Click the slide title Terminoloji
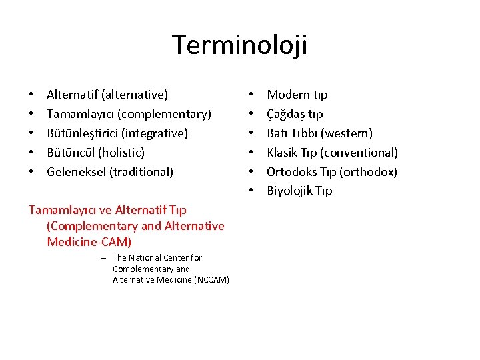click(x=240, y=45)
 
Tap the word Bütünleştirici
click(x=83, y=133)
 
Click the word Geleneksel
click(x=76, y=172)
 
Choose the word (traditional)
click(x=141, y=172)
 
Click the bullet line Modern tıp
click(x=297, y=95)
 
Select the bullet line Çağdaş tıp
click(x=295, y=114)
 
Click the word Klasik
click(x=282, y=153)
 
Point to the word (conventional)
click(x=359, y=153)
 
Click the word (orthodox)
click(x=368, y=172)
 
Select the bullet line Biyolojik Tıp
click(x=299, y=191)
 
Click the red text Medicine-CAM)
click(x=89, y=241)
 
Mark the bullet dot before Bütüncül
click(x=31, y=153)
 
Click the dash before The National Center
click(x=104, y=258)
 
